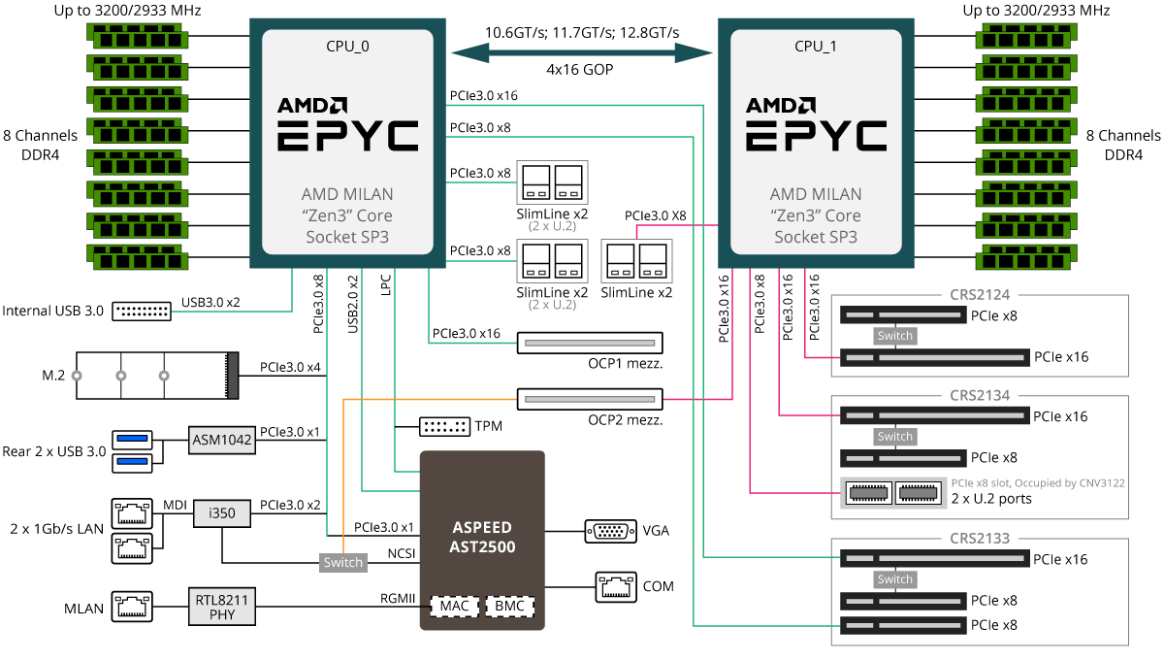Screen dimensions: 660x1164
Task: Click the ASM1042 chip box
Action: (x=222, y=440)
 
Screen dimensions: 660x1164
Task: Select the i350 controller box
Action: (x=222, y=511)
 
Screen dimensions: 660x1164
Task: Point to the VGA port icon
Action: (x=610, y=531)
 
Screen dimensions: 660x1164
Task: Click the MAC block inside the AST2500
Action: (x=454, y=607)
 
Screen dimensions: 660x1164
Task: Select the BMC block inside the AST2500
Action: (x=509, y=607)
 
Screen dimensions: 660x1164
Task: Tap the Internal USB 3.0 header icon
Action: (x=142, y=312)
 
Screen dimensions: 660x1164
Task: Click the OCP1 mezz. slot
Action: (x=589, y=343)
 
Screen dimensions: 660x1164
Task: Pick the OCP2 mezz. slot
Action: (x=589, y=398)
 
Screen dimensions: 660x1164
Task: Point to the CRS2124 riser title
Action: (x=980, y=295)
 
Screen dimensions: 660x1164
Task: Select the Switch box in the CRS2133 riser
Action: (x=894, y=579)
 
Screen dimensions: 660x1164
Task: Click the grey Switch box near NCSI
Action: (x=342, y=562)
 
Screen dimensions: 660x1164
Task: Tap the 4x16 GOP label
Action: (x=580, y=70)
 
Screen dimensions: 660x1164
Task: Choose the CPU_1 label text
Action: (x=815, y=45)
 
